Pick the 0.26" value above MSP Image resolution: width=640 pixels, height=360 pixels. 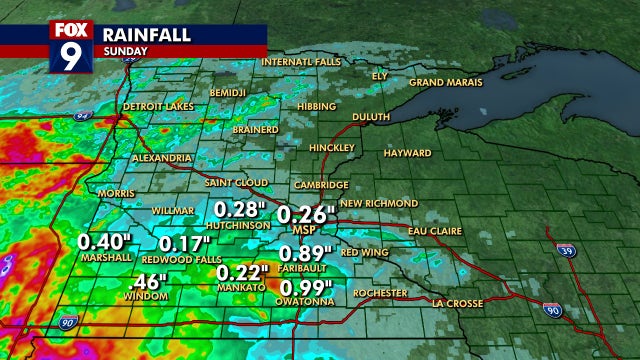tap(303, 214)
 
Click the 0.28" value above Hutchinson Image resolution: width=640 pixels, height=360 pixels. tap(241, 208)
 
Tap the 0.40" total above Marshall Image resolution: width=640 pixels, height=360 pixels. tap(105, 242)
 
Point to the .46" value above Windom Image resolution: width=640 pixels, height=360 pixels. tap(146, 280)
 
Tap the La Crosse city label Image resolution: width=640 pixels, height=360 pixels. tap(458, 303)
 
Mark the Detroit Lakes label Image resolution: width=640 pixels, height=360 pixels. tap(156, 106)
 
